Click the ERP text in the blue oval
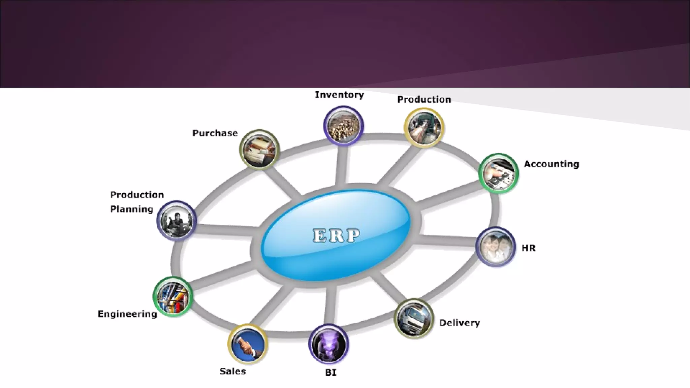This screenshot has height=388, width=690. point(336,235)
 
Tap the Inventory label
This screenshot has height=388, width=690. point(339,95)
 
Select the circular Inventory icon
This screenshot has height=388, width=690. point(343,126)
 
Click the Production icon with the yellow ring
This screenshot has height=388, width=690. point(424,128)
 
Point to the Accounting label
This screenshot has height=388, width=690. point(552,164)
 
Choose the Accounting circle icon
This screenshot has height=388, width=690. point(498,173)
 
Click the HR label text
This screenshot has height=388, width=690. point(528,248)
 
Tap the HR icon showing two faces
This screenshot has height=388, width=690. point(495,247)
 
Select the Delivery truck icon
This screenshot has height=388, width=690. point(414,318)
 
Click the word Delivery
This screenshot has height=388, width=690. point(460,323)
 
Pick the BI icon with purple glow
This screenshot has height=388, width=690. point(328,344)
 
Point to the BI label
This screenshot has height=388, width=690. point(331,373)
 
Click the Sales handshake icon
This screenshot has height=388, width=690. point(248,344)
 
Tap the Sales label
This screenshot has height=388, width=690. point(232,371)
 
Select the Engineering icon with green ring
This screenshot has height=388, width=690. point(173,296)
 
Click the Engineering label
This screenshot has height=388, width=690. point(127,314)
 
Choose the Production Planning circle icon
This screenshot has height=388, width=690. point(176,220)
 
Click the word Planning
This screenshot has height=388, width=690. point(132,209)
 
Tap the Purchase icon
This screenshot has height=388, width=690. point(259,150)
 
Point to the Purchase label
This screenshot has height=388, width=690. point(215,133)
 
